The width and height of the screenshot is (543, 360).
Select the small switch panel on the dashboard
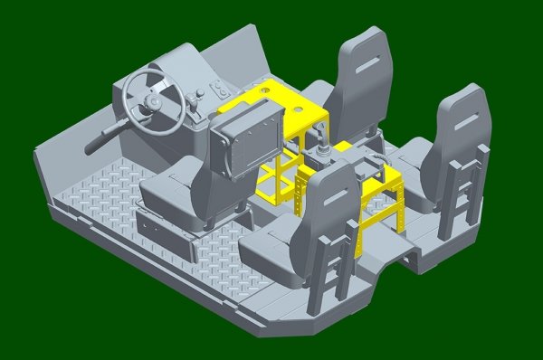tap(220, 90)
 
